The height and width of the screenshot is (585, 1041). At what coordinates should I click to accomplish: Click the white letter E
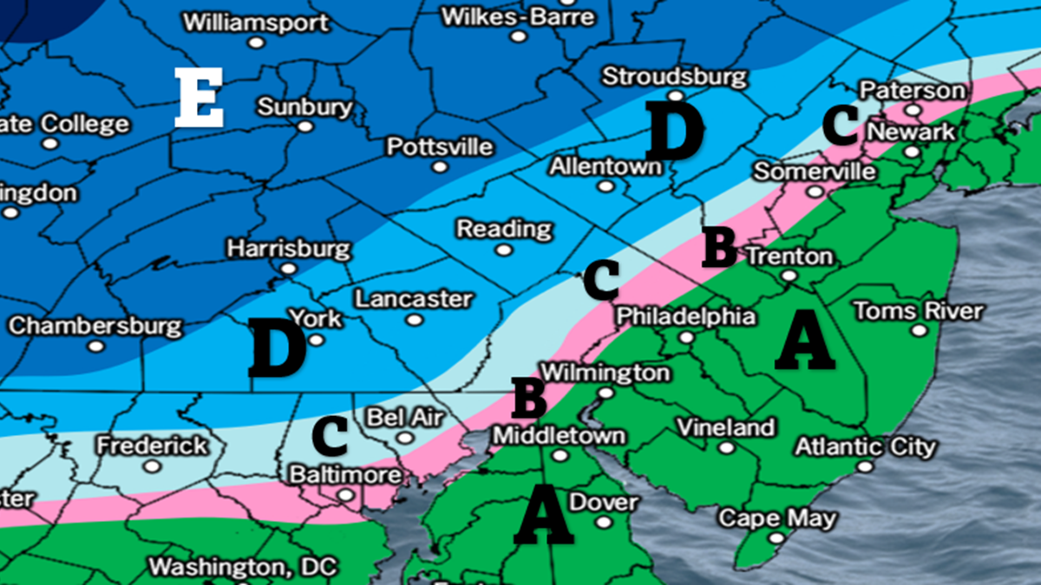[199, 98]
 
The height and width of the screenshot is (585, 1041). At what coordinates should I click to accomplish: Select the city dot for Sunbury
[305, 127]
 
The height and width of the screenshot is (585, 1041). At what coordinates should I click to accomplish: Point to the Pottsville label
[439, 146]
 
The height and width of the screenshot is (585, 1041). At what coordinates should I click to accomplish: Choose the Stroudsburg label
[674, 76]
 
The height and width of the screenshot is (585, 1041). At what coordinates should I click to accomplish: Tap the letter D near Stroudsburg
[674, 132]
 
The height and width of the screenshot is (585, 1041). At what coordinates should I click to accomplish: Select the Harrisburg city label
[289, 250]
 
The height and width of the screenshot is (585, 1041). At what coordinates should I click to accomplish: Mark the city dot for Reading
[503, 250]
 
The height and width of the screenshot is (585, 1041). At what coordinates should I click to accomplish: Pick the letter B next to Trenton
[719, 247]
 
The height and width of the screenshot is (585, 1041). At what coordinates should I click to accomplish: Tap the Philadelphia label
[685, 316]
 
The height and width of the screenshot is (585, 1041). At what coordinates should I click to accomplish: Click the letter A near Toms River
[804, 342]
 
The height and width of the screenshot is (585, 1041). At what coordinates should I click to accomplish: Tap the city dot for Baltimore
[345, 496]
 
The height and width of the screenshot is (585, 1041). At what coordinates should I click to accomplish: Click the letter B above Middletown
[529, 398]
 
